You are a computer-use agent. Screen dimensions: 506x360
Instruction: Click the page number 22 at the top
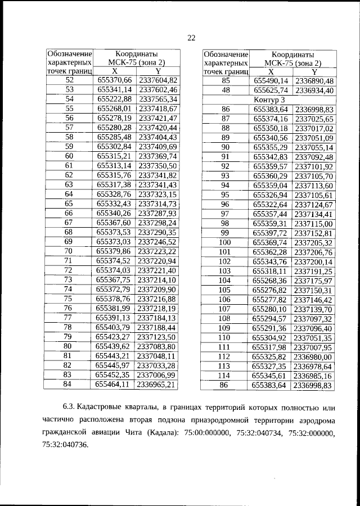pos(191,38)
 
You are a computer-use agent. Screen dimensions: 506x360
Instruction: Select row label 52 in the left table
pos(69,80)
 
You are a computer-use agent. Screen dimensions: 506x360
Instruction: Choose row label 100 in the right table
pos(226,242)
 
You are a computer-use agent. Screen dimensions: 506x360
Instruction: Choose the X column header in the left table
pos(114,71)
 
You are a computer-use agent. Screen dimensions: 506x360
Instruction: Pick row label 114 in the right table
pos(226,375)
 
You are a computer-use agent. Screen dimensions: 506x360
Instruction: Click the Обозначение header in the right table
pos(226,53)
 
